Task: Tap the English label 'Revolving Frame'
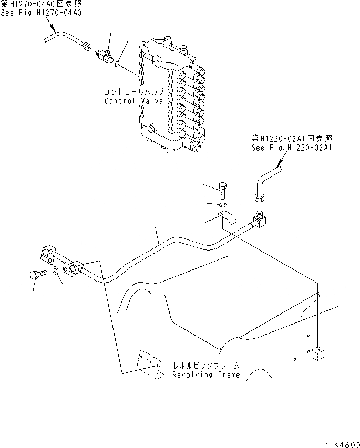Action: click(206, 375)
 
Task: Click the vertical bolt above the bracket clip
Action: click(223, 191)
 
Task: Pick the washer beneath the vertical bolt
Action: click(223, 204)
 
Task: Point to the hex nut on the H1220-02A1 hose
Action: click(259, 197)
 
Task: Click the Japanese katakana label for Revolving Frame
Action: click(206, 365)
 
